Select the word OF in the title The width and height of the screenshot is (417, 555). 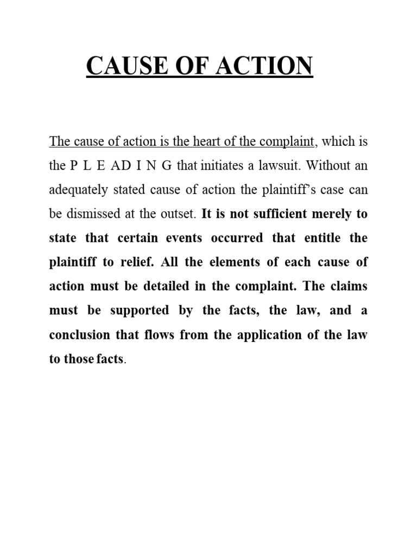(193, 67)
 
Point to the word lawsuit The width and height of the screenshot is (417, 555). (262, 166)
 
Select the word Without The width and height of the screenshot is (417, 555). (318, 166)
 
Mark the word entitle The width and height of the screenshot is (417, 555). (313, 238)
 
